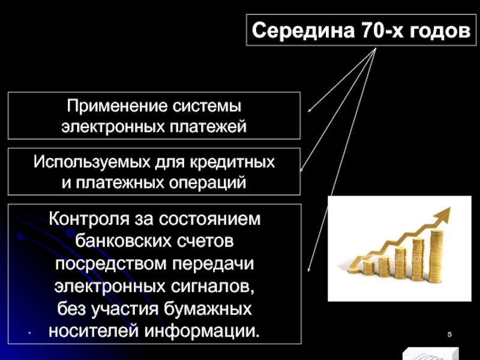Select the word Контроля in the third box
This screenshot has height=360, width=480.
pos(91,219)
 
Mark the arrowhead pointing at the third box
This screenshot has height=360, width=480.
pos(309,271)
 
